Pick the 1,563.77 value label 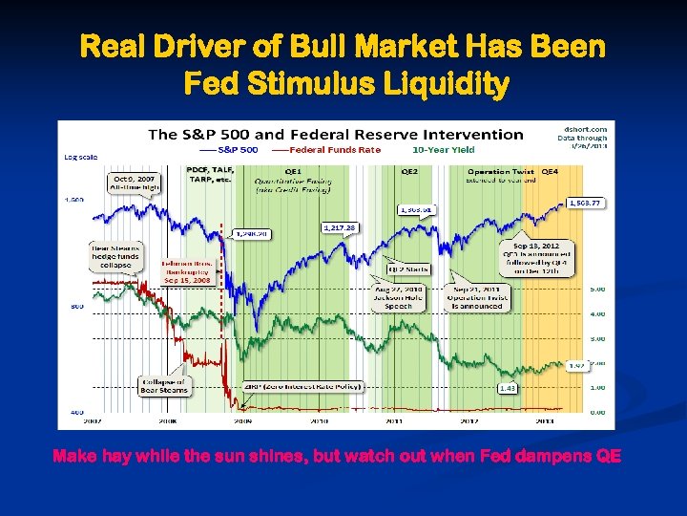point(583,203)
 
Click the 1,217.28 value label point(339,227)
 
